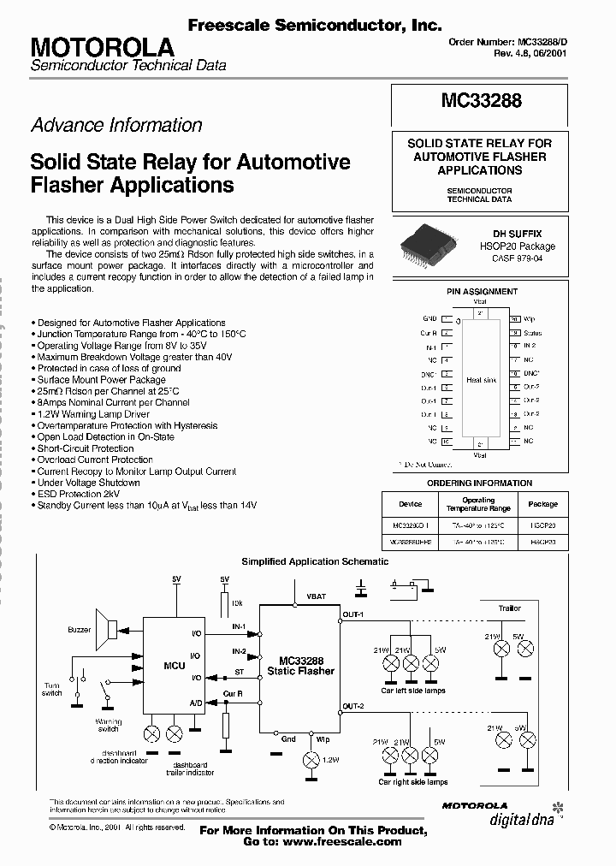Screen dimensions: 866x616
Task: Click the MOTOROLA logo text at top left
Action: pyautogui.click(x=103, y=48)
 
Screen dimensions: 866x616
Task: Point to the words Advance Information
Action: pyautogui.click(x=116, y=125)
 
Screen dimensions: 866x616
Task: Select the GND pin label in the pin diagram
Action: pyautogui.click(x=429, y=317)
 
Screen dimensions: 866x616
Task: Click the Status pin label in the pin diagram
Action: pyautogui.click(x=532, y=332)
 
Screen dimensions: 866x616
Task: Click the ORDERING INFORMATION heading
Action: pyautogui.click(x=479, y=483)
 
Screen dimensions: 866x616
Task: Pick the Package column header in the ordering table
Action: pyautogui.click(x=542, y=504)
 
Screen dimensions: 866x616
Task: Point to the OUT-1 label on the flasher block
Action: pyautogui.click(x=353, y=614)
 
